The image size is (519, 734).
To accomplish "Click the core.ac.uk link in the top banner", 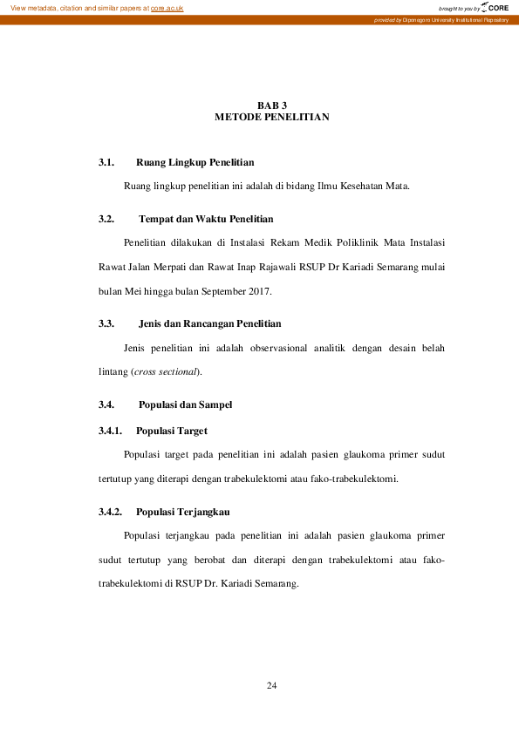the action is click(x=167, y=8).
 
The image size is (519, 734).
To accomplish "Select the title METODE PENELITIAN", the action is click(x=271, y=117).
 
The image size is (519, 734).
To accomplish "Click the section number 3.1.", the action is click(x=107, y=162).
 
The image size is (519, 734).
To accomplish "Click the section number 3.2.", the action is click(x=107, y=219).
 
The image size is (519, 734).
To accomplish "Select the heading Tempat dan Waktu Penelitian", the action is click(x=206, y=219).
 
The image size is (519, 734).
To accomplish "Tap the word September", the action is click(x=224, y=290).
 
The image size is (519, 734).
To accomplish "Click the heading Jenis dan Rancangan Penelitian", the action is click(x=209, y=323).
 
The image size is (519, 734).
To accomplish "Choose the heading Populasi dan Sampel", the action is click(x=185, y=404).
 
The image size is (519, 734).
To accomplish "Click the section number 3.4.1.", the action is click(x=111, y=431).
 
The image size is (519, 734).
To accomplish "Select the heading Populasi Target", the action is click(x=171, y=431).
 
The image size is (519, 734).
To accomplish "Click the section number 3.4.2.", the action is click(x=111, y=511).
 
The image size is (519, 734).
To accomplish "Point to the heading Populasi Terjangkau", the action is click(x=182, y=511).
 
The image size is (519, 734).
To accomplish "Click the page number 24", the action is click(x=271, y=686).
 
